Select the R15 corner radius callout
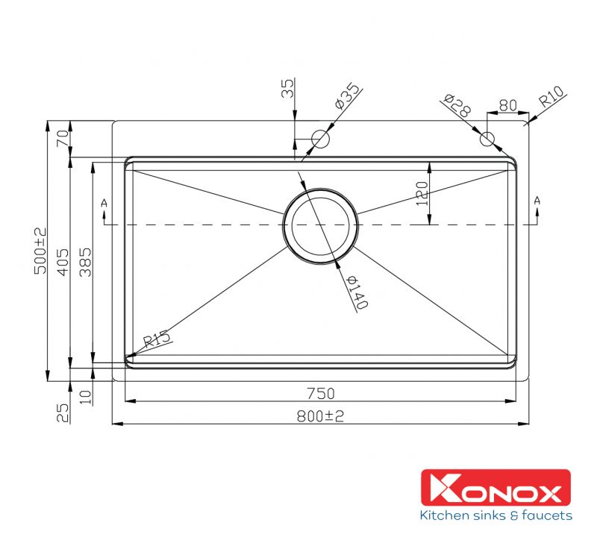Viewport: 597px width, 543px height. [x=157, y=340]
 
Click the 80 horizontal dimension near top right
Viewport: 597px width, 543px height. [x=507, y=105]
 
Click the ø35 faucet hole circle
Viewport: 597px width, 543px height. [x=320, y=139]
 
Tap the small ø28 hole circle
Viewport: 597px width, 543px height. [x=487, y=138]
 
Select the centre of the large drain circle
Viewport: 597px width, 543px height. [x=321, y=225]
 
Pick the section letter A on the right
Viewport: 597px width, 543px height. [x=537, y=200]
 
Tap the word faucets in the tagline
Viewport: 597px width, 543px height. [x=546, y=515]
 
